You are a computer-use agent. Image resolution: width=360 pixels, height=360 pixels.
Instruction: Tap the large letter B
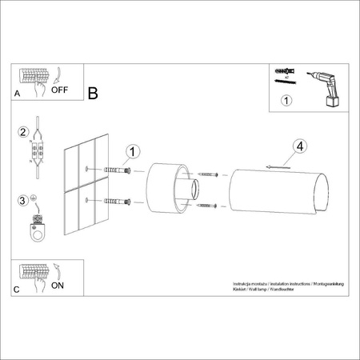(93, 94)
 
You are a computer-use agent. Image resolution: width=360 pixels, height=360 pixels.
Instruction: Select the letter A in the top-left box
(18, 94)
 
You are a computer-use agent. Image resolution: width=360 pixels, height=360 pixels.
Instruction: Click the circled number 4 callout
(298, 146)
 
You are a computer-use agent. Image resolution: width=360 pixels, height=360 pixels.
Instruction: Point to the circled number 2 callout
(24, 133)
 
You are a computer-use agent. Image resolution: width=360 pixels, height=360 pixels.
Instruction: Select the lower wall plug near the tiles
(117, 201)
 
